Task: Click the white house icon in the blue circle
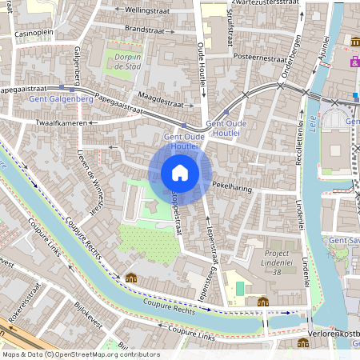click(x=180, y=172)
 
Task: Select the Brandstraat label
click(x=144, y=28)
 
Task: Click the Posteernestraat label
click(x=259, y=58)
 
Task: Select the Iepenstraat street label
click(x=213, y=241)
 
